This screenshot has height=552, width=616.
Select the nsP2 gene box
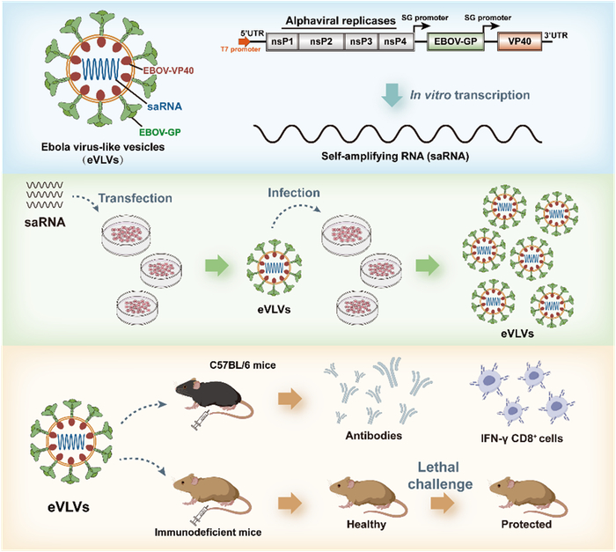(x=321, y=41)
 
